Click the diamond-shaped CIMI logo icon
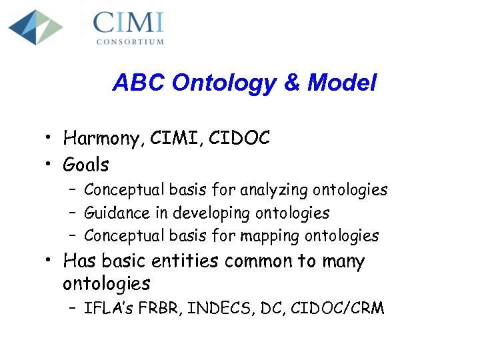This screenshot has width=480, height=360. (36, 27)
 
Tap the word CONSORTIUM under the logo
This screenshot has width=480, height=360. (129, 41)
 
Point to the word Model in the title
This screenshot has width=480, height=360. (342, 83)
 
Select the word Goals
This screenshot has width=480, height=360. (86, 163)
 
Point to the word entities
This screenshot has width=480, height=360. (183, 261)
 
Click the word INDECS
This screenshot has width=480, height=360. (207, 309)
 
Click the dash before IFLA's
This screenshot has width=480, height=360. (71, 309)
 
